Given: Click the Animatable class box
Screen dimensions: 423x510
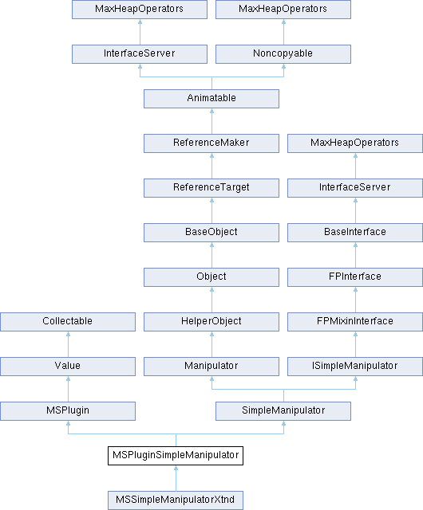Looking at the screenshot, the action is pos(211,99).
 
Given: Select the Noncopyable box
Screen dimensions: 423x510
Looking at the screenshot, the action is pos(283,54).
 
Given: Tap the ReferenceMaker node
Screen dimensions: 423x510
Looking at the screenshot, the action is pos(211,143).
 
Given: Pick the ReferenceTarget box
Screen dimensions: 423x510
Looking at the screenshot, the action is pos(211,188).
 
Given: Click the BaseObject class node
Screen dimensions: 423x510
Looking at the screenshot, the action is pos(211,233).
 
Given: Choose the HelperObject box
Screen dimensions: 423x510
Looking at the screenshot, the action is pos(211,322).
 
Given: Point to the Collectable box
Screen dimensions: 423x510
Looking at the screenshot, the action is pos(68,322).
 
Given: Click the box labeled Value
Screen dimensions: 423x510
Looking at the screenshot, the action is pos(68,367).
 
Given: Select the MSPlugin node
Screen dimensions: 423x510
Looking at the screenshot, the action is pos(68,411).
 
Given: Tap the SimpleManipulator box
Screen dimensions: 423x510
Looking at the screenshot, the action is pos(283,411).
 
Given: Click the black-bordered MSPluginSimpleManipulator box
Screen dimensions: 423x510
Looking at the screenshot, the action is pos(176,455).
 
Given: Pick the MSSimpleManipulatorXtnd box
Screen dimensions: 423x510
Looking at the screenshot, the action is pos(176,500).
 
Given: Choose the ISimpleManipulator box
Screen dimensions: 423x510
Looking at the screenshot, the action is pos(355,367).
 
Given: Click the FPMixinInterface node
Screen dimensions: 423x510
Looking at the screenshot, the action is pos(355,322).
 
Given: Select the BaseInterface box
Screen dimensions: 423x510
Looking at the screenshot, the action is pos(355,233).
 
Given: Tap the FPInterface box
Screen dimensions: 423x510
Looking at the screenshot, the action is pos(355,277).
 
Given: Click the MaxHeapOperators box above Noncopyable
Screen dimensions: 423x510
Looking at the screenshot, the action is pos(283,10).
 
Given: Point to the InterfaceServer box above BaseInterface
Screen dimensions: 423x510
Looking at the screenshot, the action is pos(355,188).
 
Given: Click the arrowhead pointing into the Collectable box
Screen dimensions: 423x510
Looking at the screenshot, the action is pos(68,334).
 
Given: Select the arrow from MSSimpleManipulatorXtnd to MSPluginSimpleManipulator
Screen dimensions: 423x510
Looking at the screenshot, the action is pos(176,478).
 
